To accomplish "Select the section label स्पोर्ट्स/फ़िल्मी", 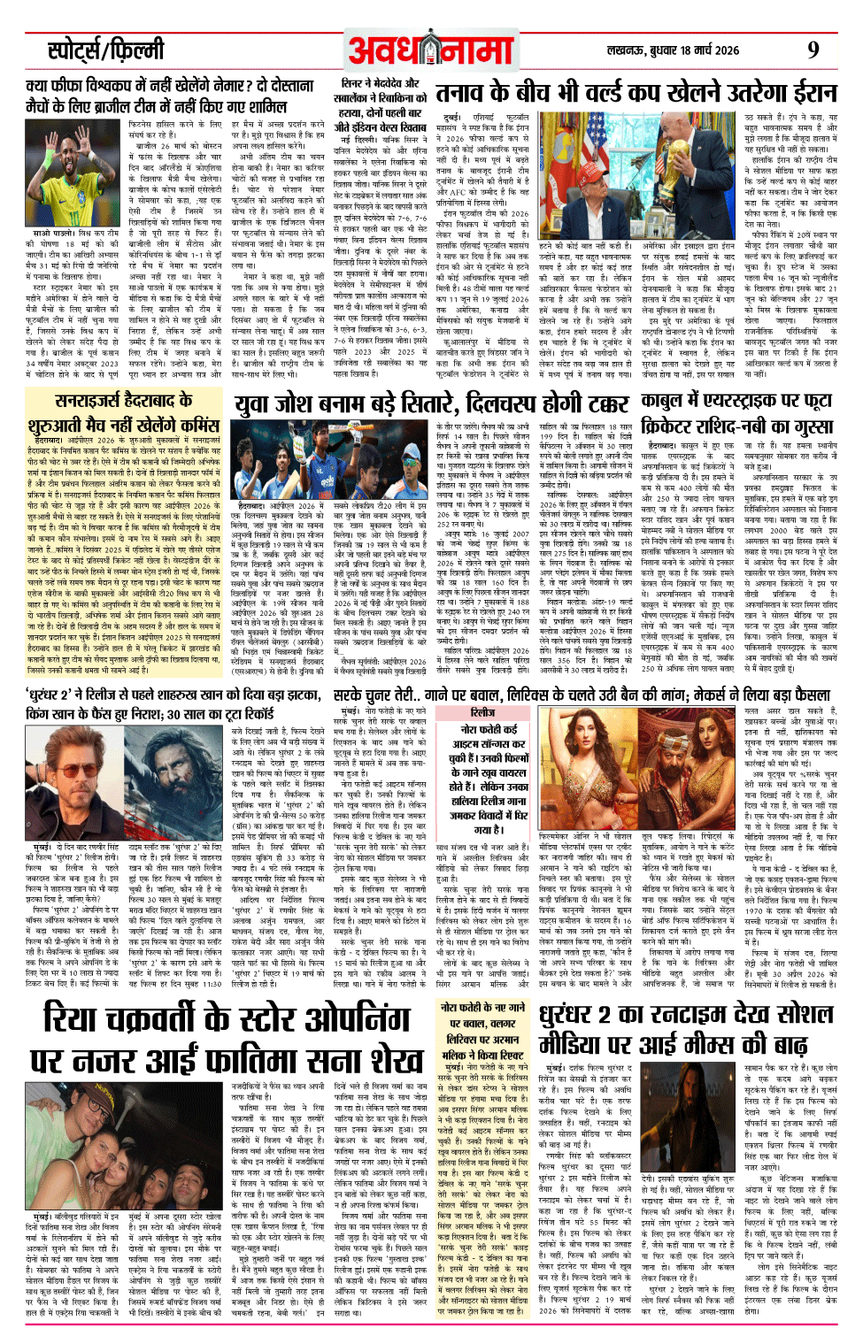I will coord(106,50).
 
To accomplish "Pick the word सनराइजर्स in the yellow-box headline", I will coord(89,399).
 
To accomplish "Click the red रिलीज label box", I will coord(482,711).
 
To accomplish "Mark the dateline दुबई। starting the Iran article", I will coord(453,117).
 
